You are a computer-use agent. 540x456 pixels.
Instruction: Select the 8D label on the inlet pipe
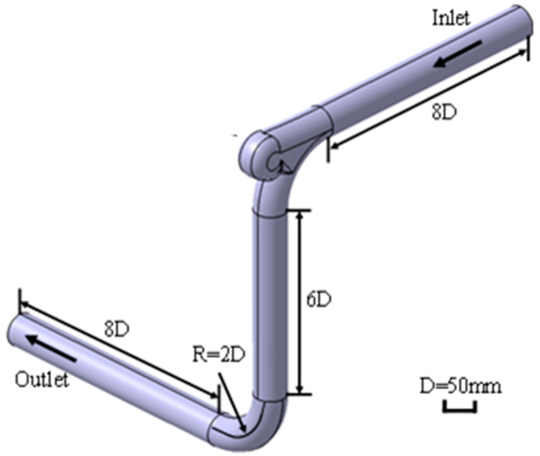444,112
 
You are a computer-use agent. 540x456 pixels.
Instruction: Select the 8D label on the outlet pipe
116,330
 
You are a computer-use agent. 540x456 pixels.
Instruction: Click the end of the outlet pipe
13,328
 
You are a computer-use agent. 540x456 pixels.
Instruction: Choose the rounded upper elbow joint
256,155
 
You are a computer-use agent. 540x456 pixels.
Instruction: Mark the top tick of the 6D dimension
300,211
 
